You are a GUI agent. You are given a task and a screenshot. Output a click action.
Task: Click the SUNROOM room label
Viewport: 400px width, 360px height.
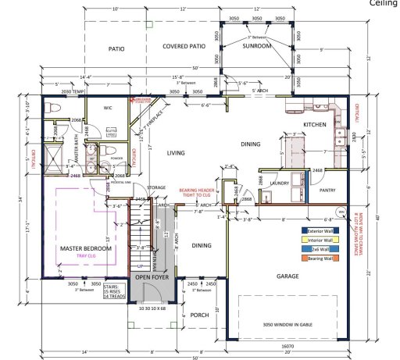pyautogui.click(x=256, y=47)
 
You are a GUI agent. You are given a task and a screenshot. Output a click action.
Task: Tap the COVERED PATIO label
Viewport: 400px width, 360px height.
pyautogui.click(x=184, y=47)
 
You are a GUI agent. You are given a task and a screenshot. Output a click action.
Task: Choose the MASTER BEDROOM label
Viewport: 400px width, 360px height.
pyautogui.click(x=86, y=248)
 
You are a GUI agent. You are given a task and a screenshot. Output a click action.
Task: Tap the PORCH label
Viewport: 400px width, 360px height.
pyautogui.click(x=199, y=315)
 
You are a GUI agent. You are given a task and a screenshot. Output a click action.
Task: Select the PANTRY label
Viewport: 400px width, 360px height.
pyautogui.click(x=326, y=189)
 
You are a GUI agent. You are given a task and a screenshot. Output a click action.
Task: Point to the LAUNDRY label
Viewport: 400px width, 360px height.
pyautogui.click(x=280, y=184)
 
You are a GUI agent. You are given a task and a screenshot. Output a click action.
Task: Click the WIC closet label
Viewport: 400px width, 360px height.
pyautogui.click(x=109, y=109)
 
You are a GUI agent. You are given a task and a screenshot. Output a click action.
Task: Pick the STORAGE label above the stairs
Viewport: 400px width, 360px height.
pyautogui.click(x=156, y=187)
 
